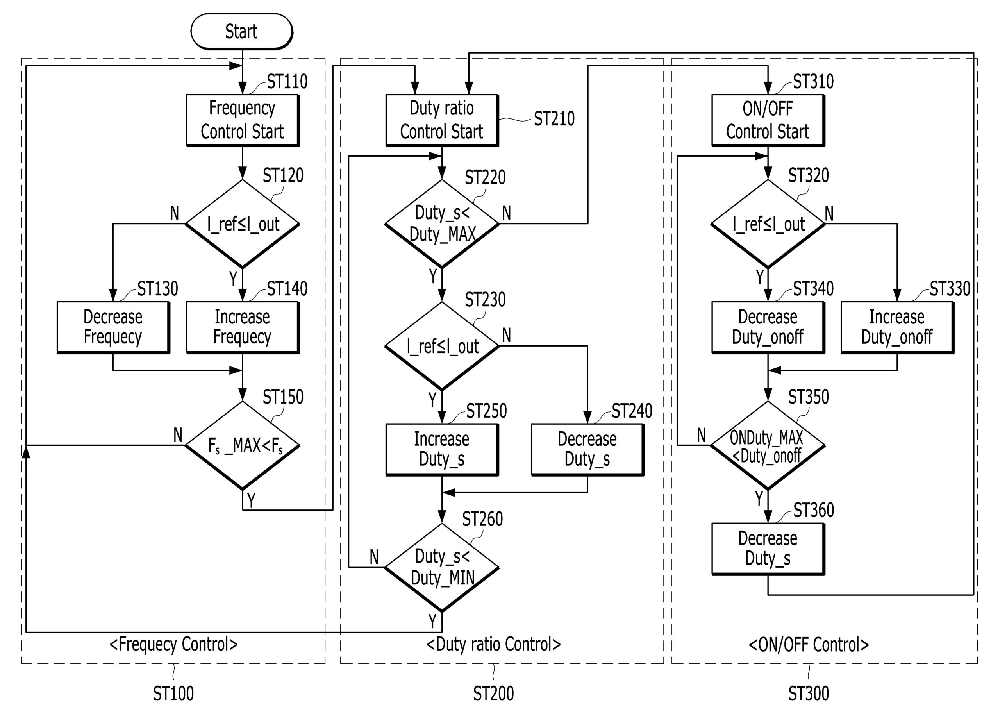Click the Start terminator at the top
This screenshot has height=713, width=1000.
pos(241,32)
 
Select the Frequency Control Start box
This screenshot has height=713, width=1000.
pos(242,120)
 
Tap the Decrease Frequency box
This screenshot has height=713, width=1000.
pos(113,327)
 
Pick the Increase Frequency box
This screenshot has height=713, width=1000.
pos(242,327)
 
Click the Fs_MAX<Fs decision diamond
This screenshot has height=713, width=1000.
pos(242,445)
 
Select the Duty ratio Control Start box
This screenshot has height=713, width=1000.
pos(442,120)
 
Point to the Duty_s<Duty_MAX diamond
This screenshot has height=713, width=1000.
pos(442,223)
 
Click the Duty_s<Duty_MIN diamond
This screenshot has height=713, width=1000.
pos(442,567)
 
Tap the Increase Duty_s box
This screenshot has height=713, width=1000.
pos(442,449)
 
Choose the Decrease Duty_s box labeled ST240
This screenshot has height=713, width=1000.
pos(587,449)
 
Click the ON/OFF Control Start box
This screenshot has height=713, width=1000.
pos(768,120)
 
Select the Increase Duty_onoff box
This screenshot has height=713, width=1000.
pos(897,327)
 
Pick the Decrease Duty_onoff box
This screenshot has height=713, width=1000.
pos(768,327)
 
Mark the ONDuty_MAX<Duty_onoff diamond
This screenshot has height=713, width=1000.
pos(768,445)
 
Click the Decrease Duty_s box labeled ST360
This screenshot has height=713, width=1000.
pos(768,549)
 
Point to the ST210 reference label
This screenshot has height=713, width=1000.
pos(554,118)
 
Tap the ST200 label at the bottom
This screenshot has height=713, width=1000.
pos(493,694)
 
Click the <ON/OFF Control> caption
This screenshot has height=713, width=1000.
pos(809,645)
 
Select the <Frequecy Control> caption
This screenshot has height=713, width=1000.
pos(173,644)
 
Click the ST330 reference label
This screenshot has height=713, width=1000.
pos(950,288)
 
